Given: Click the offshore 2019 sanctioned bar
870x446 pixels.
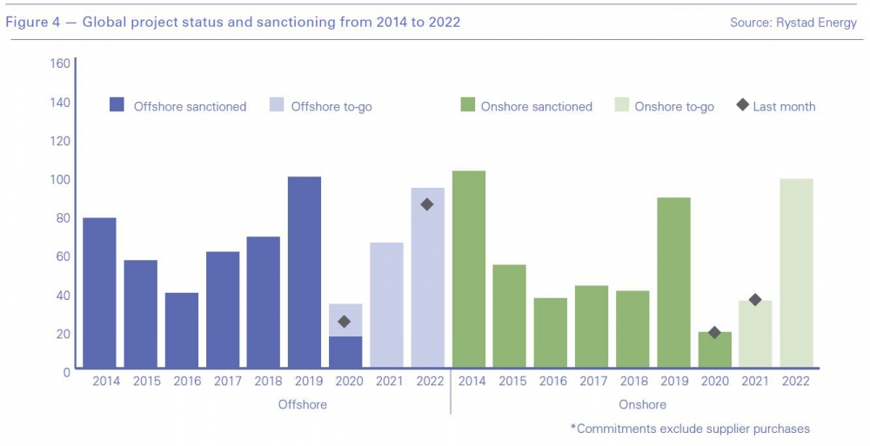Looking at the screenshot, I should point(304,271).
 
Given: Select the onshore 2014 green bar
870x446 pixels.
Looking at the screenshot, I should point(469,269).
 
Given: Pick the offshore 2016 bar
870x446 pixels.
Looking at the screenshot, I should point(182,330).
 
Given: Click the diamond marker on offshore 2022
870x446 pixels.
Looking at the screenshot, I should point(426,204).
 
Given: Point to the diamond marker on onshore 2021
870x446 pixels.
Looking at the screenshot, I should point(755,300).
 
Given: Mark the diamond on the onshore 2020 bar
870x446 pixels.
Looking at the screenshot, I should point(714,332).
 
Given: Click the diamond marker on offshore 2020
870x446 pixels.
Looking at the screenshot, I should point(345,322).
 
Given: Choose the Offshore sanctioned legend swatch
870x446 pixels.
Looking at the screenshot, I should point(117,106).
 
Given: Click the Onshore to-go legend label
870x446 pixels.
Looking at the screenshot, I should point(674,107).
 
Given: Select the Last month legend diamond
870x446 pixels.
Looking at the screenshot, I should point(742,106).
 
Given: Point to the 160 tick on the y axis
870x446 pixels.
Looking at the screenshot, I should point(60,63).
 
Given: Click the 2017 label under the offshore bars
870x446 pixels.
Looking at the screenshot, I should point(223,381).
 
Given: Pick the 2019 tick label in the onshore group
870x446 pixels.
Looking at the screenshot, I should point(673,381).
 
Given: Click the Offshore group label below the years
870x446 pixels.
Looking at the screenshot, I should point(302,404).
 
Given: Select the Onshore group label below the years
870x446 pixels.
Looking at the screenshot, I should point(642,404).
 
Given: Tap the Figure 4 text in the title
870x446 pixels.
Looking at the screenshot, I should point(35,23).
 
